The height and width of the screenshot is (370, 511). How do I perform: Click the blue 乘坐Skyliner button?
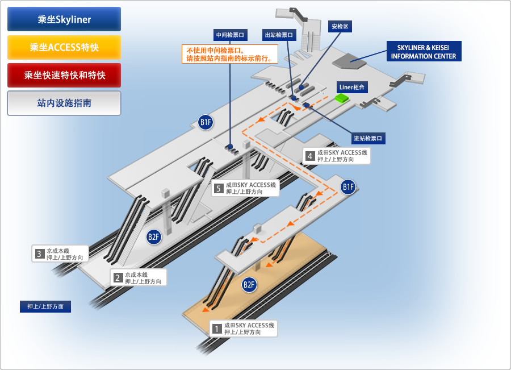pyautogui.click(x=64, y=19)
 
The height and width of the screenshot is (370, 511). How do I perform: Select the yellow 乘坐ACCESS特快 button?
pyautogui.click(x=64, y=47)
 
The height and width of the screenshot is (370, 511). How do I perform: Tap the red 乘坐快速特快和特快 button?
pyautogui.click(x=64, y=75)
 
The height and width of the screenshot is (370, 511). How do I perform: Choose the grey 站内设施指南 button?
pyautogui.click(x=64, y=103)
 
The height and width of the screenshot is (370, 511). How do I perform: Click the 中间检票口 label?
pyautogui.click(x=230, y=34)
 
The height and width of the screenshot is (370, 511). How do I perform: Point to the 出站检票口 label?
pyautogui.click(x=279, y=35)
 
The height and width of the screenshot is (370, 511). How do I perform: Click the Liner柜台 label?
pyautogui.click(x=353, y=87)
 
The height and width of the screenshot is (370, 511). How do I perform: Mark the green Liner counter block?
pyautogui.click(x=342, y=98)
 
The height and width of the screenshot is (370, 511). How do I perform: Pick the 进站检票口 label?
pyautogui.click(x=368, y=138)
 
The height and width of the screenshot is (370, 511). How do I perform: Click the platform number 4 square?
pyautogui.click(x=309, y=156)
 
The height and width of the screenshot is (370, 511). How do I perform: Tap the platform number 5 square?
pyautogui.click(x=219, y=188)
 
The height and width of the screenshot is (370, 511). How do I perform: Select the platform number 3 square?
pyautogui.click(x=39, y=253)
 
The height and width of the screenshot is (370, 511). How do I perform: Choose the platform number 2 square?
pyautogui.click(x=118, y=277)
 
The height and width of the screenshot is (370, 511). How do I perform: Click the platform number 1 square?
pyautogui.click(x=216, y=329)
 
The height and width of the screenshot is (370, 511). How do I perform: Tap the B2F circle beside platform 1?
pyautogui.click(x=249, y=285)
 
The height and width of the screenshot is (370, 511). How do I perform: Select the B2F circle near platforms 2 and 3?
pyautogui.click(x=154, y=237)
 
